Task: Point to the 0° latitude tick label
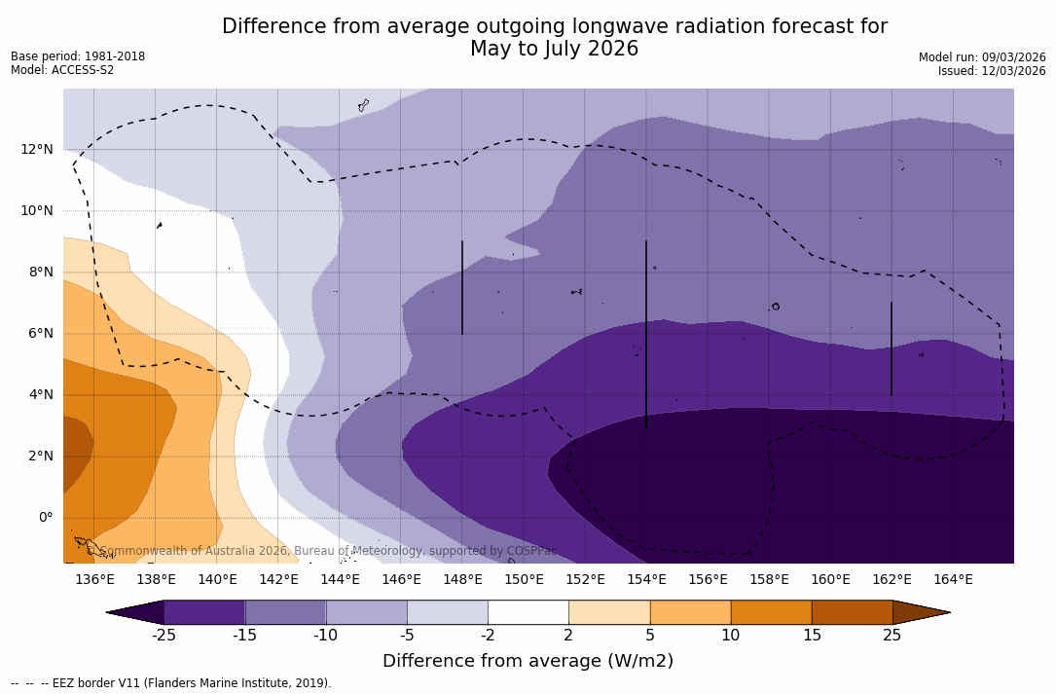46,517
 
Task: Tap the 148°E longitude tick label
462,580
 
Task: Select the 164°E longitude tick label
953,580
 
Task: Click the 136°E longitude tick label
94,580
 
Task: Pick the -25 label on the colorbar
164,636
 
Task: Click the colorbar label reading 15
812,636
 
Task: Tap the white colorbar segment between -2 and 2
528,612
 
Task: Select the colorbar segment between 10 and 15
771,612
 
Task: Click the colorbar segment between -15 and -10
285,612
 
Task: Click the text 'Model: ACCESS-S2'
62,70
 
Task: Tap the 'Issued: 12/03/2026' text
992,71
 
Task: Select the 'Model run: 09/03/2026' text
982,57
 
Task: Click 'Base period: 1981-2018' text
78,56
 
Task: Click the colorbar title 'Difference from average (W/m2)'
528,662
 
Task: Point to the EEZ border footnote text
171,683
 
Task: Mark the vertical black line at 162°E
891,348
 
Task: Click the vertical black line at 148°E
462,288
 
